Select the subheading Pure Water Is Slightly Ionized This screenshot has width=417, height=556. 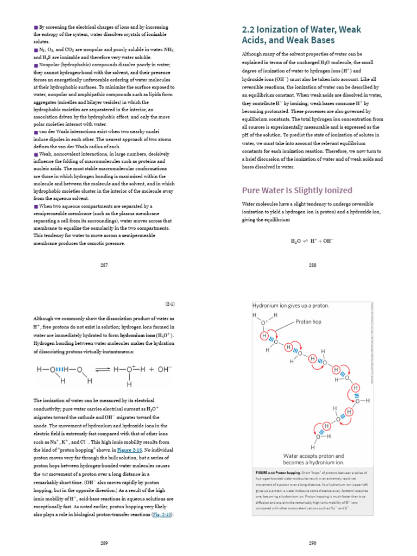[296, 190]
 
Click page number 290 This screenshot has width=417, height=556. [312, 542]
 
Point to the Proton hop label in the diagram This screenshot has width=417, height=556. [309, 322]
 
